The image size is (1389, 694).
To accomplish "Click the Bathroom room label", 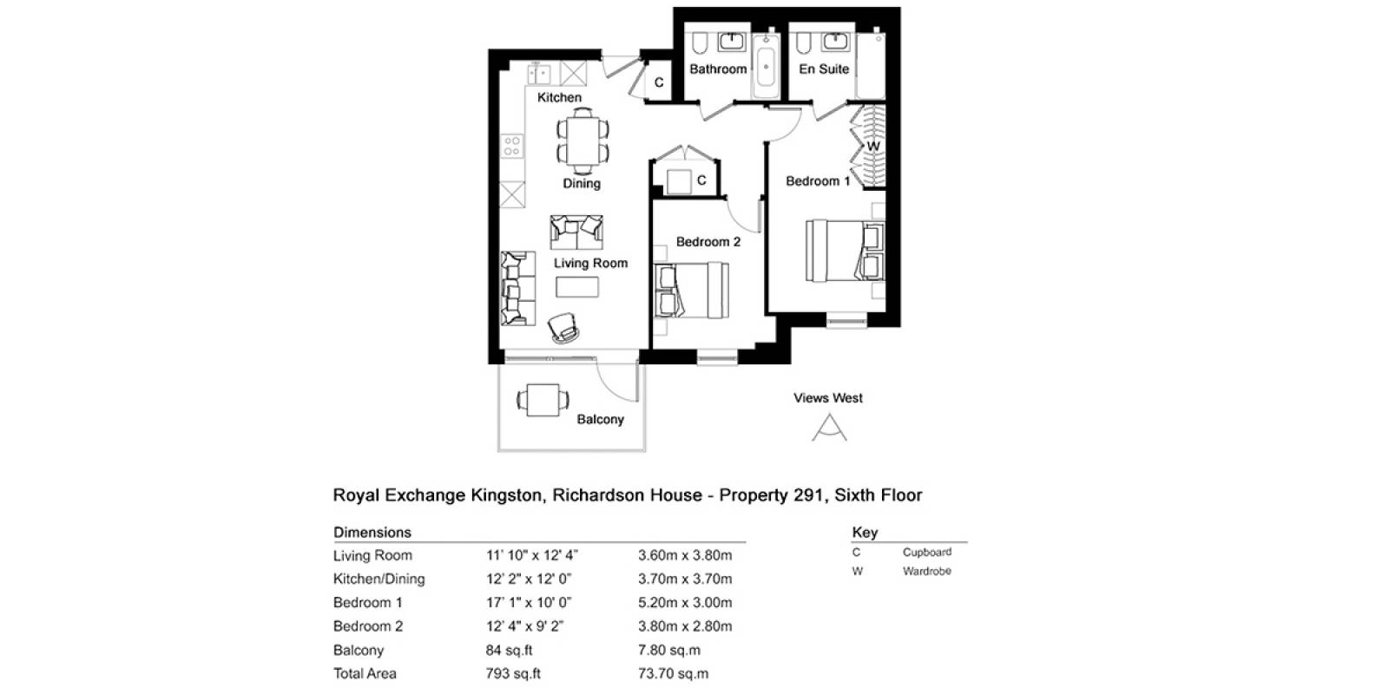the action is coord(718,69).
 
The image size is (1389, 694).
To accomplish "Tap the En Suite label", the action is coord(824,69).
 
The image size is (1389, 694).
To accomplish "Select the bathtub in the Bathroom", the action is coord(766,66).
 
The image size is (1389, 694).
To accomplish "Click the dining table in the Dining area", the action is coord(583,141).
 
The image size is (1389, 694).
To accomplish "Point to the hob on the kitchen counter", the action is coord(512,147).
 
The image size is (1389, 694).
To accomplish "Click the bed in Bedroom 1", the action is coord(846,251).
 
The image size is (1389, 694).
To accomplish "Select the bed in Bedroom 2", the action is coord(692,291).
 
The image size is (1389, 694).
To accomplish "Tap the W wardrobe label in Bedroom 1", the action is coord(873,147).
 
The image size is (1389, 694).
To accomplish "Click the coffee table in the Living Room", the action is coord(577,287).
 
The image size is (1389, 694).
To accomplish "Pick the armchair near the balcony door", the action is coord(563,327).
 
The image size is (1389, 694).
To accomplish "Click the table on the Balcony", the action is coord(543,400).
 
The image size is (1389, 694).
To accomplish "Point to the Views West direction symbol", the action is coord(829,428).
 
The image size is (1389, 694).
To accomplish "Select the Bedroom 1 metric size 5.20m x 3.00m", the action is coord(685,602).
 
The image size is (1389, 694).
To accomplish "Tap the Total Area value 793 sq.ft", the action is coord(513,673).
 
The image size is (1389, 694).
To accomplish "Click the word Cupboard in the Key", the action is coord(927,552).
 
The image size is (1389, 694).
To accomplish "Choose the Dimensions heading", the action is coord(372,533).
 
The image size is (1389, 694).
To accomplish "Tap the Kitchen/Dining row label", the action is coord(379,579).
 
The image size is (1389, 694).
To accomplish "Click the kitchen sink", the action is coord(538,73).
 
